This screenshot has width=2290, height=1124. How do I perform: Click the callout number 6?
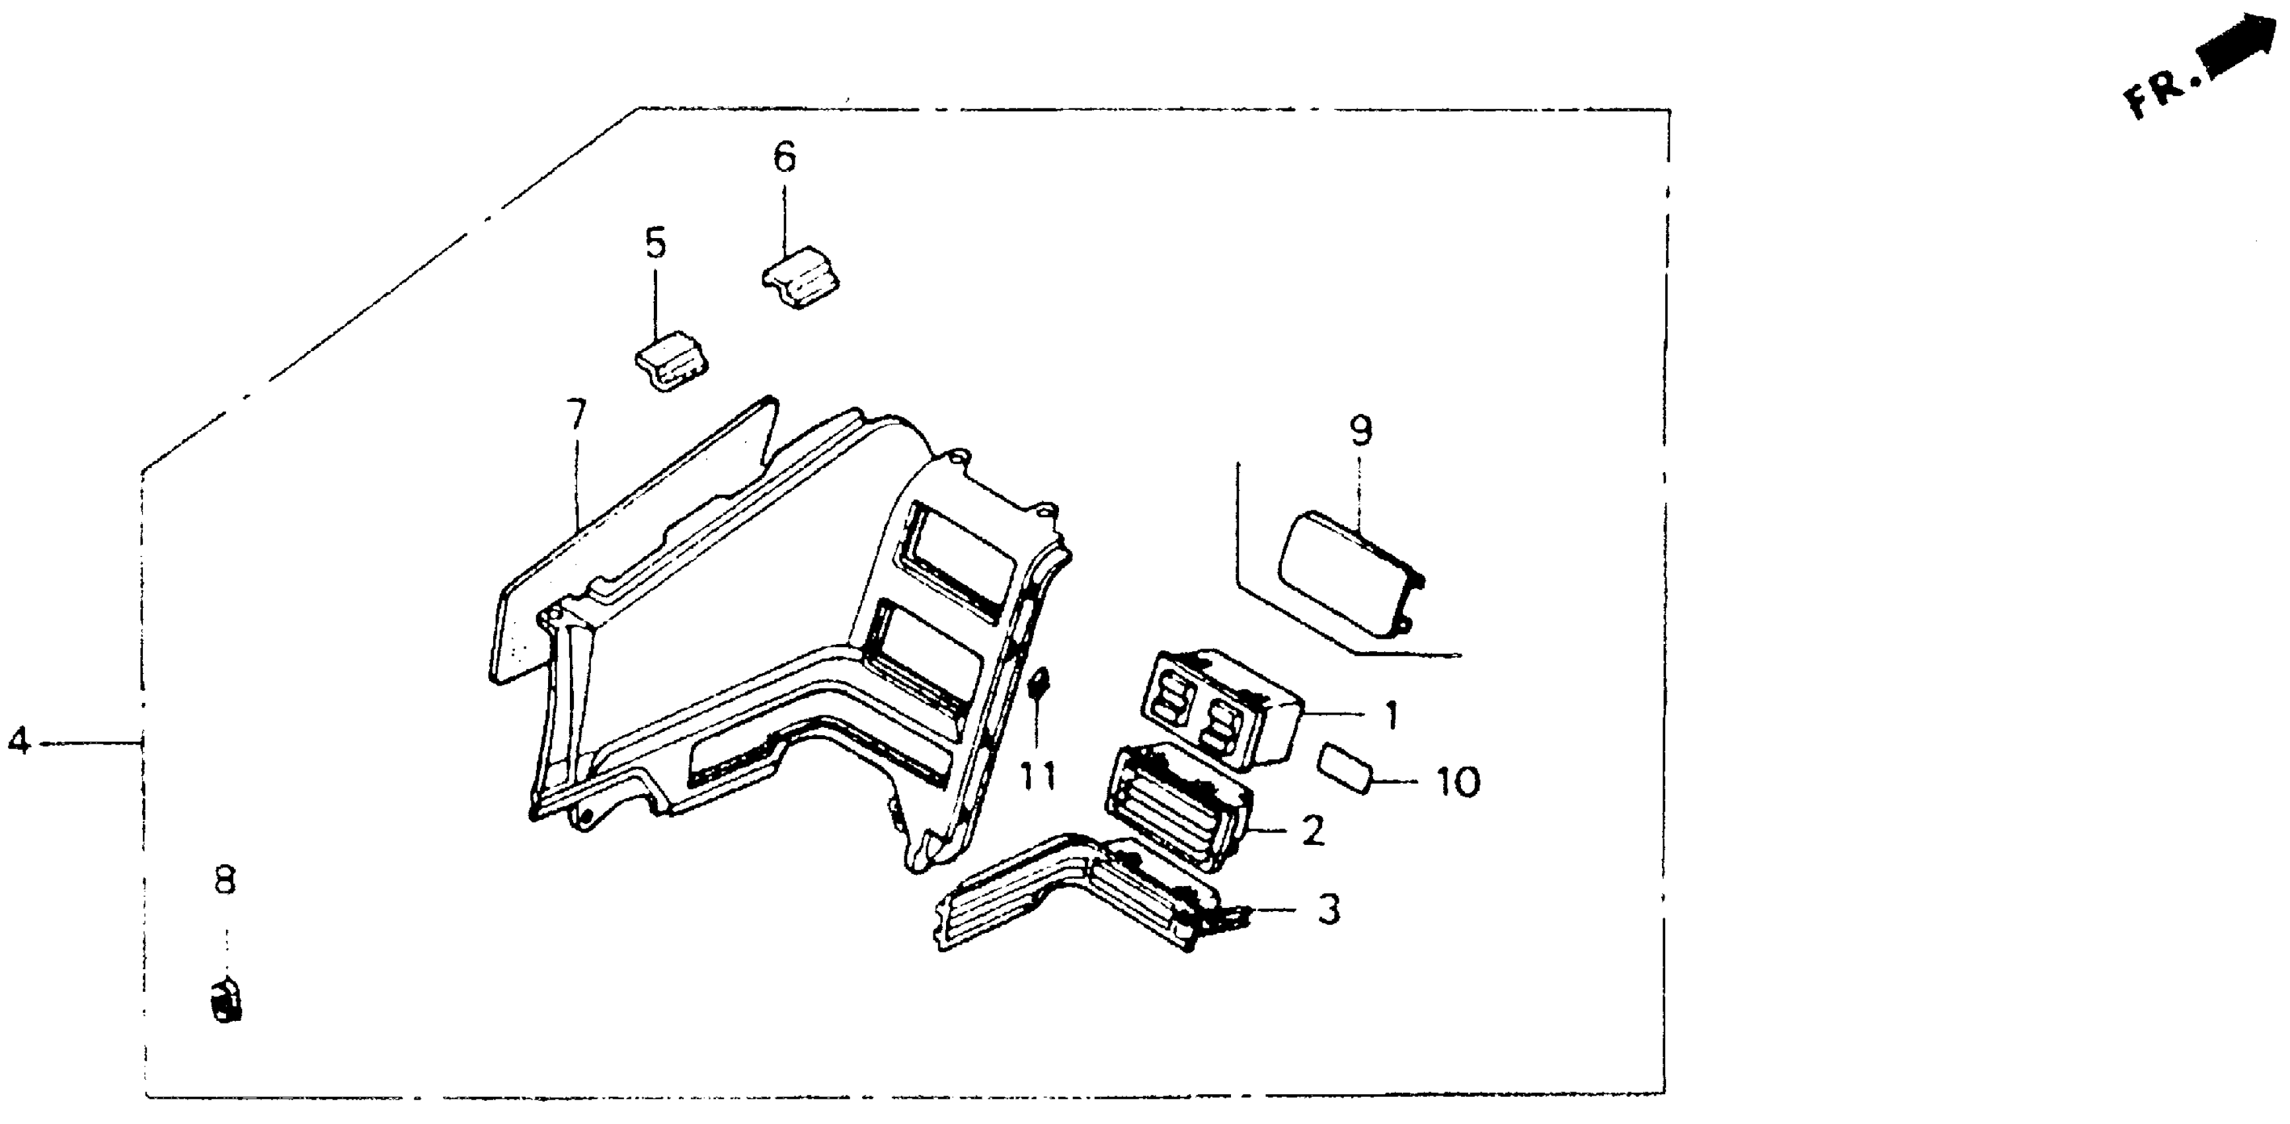pos(784,158)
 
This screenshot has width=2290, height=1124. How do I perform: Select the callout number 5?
pos(655,243)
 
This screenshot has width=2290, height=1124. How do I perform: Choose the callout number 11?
pos(1037,776)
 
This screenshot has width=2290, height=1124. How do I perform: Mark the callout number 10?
pos(1459,783)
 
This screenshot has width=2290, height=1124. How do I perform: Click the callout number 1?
pos(1391,715)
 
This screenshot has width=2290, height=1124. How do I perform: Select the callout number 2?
pos(1313,830)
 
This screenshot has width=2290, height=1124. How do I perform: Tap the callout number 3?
pos(1328,909)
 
